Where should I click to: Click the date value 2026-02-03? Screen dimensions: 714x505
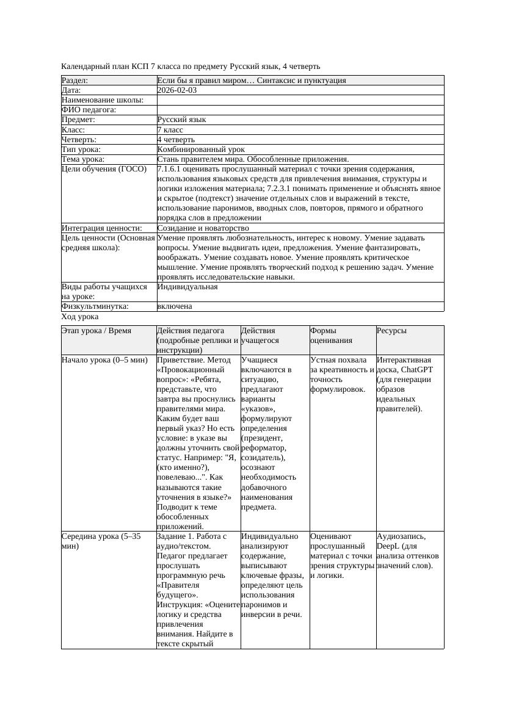click(x=177, y=90)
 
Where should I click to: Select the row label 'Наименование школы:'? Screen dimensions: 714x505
click(x=103, y=100)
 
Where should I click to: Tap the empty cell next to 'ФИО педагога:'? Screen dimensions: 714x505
click(x=299, y=110)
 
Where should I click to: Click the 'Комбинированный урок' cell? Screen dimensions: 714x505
click(x=201, y=150)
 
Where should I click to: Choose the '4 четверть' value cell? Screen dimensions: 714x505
click(x=176, y=140)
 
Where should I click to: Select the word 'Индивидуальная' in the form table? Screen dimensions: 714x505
click(x=187, y=286)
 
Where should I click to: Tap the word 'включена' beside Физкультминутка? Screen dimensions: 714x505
click(x=175, y=306)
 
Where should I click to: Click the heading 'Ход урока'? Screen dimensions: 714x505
click(x=80, y=317)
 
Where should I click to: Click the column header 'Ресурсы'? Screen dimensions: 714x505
click(x=391, y=331)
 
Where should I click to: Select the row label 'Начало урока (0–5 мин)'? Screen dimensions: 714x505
click(x=104, y=360)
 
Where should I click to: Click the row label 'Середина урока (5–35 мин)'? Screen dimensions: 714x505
click(x=101, y=541)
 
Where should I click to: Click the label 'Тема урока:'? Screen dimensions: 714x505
click(x=84, y=159)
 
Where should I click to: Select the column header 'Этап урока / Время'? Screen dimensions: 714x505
click(x=96, y=331)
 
